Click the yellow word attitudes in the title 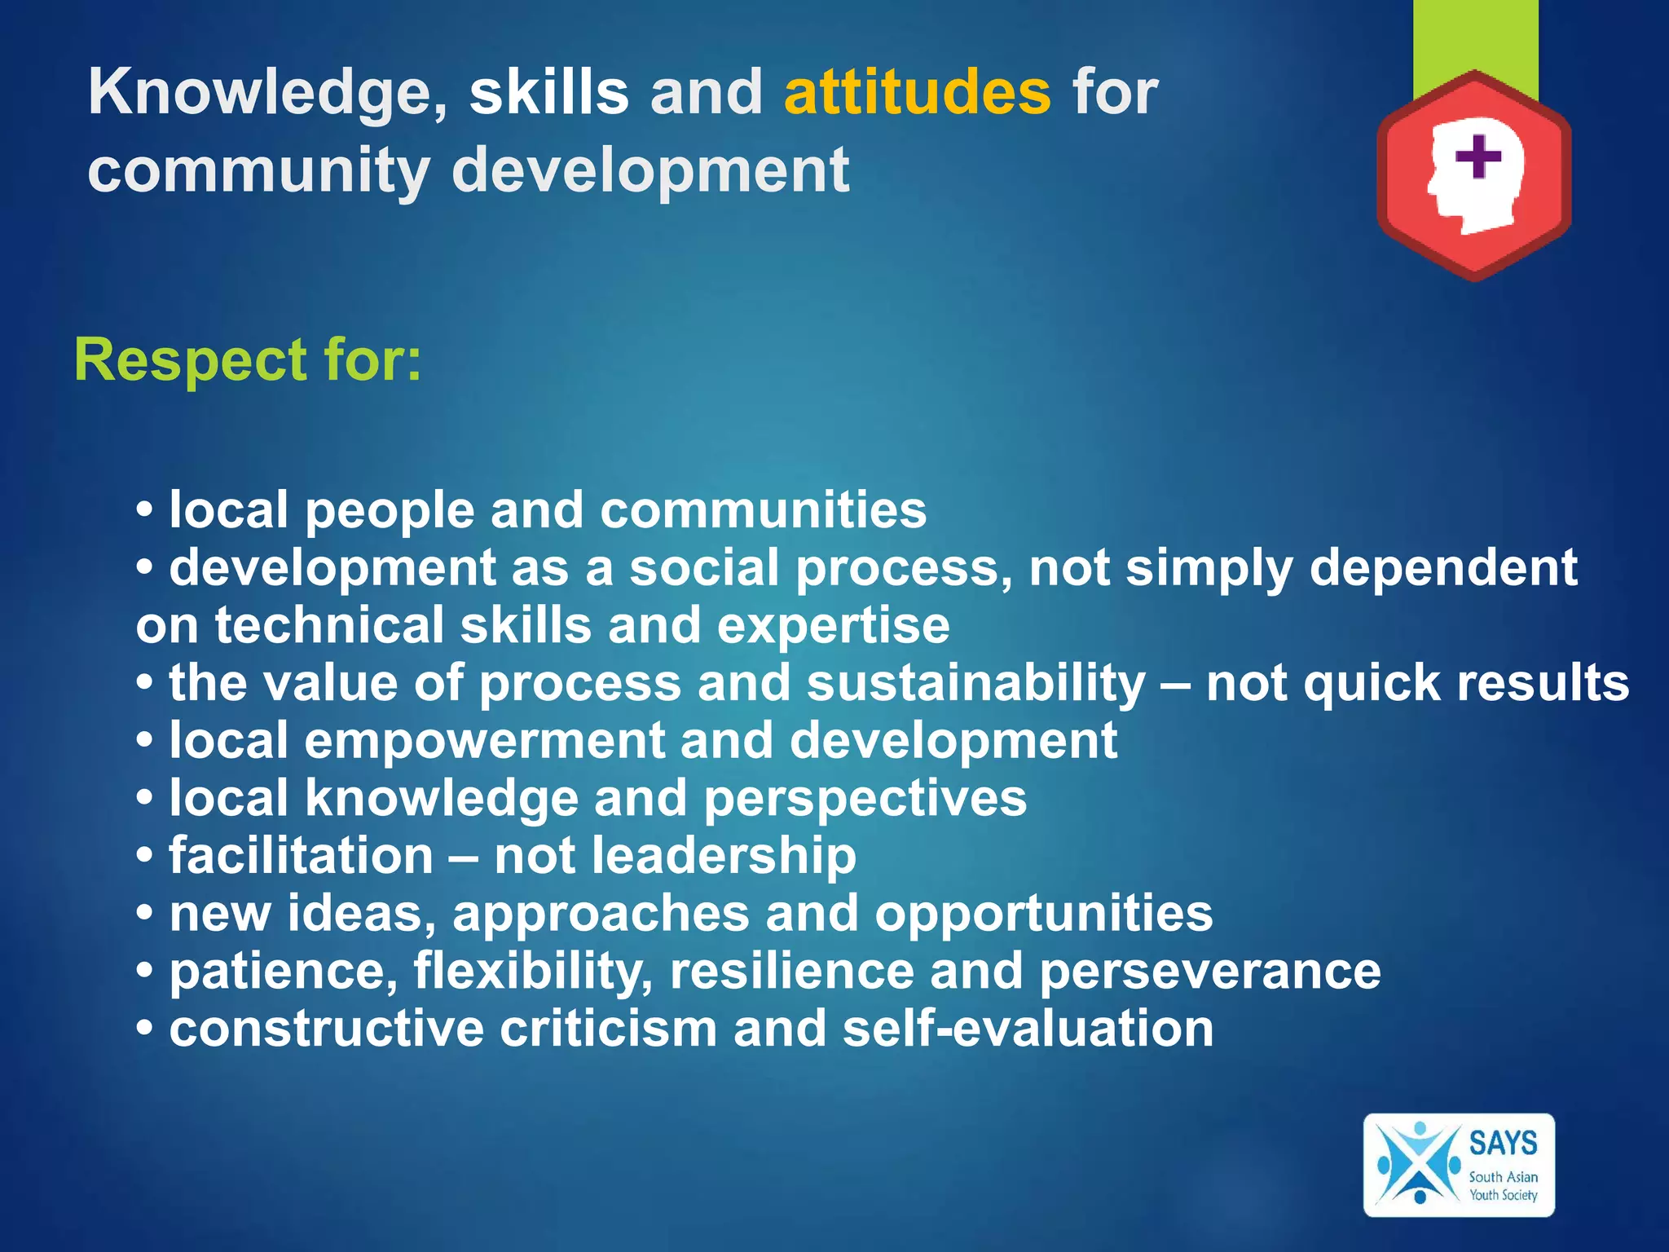pos(917,92)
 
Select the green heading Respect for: pos(248,359)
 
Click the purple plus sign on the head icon pos(1477,156)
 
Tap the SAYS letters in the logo pos(1503,1143)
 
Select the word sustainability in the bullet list pos(975,682)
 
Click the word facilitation pos(301,856)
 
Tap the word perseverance pos(1209,971)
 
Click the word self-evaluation pos(1028,1028)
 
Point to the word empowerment pos(484,740)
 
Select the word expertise pos(833,625)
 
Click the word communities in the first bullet pos(763,510)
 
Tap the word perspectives pos(865,798)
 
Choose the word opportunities pos(1043,913)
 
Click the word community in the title pos(258,171)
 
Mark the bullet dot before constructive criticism pos(145,1029)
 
